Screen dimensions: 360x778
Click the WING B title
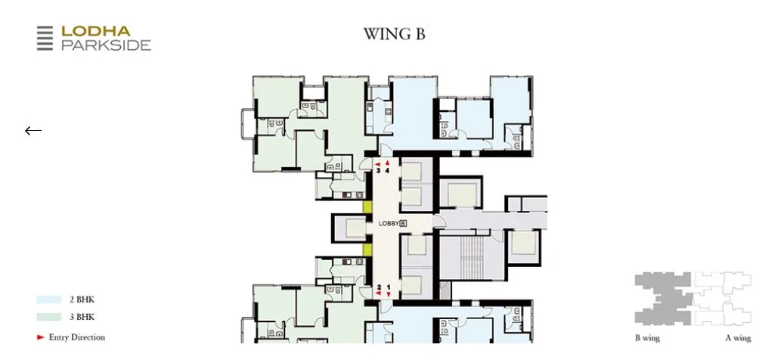tap(394, 34)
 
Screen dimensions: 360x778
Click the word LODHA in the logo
tap(95, 31)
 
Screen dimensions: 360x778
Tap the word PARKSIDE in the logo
tap(106, 45)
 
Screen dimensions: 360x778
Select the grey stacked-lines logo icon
tap(45, 39)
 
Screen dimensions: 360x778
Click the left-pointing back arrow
tap(33, 131)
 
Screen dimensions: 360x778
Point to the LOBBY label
tap(388, 223)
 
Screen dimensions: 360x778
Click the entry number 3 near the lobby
tap(379, 170)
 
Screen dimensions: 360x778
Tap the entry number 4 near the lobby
tap(388, 170)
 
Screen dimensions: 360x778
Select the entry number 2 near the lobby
tap(379, 287)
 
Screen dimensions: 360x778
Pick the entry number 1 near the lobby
tap(389, 287)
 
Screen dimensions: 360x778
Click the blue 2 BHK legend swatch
tap(49, 299)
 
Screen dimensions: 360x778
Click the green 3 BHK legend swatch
tap(49, 317)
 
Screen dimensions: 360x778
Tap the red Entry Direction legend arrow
tap(41, 337)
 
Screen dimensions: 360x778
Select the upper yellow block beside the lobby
tap(367, 206)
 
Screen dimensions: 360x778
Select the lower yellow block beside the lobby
tap(367, 250)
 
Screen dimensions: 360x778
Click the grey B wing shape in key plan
tap(662, 298)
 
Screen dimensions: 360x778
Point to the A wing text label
tap(738, 338)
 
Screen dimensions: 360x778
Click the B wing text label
tap(647, 338)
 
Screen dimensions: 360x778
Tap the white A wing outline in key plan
tap(723, 298)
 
